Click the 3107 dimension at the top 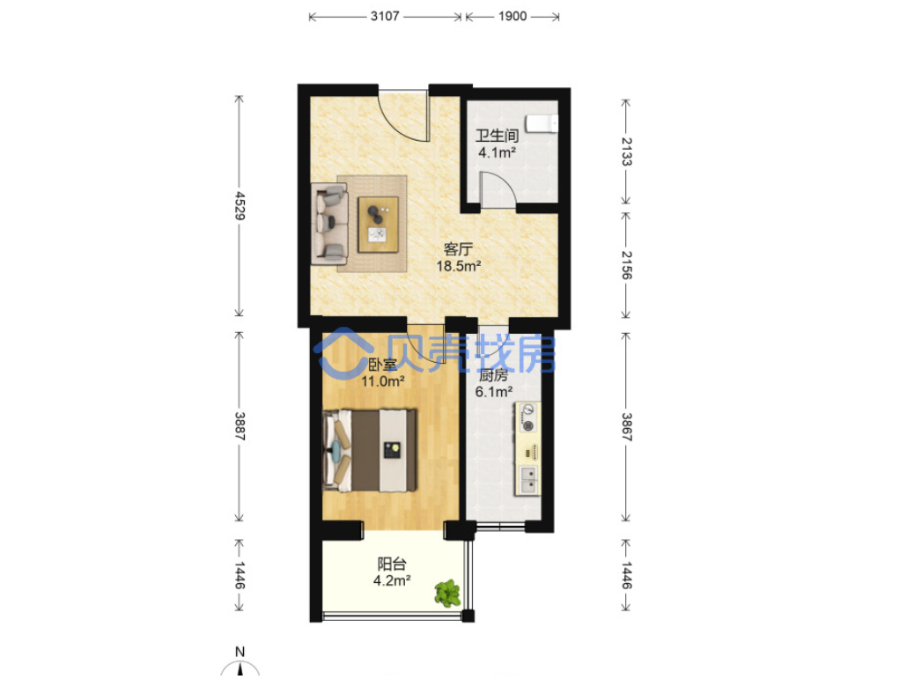(385, 16)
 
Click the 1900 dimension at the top (512, 16)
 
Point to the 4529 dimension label (240, 206)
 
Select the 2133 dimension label (626, 151)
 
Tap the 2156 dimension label (626, 265)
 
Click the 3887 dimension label (240, 426)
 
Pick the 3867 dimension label (626, 427)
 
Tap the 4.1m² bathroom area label (497, 152)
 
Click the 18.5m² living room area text (459, 266)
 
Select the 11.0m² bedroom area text (382, 381)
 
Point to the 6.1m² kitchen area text (494, 392)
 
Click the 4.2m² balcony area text (392, 580)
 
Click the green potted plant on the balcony (447, 594)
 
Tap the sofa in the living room (329, 224)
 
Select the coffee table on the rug (379, 225)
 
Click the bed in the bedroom (370, 451)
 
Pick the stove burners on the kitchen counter (528, 418)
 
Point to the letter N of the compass (240, 652)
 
